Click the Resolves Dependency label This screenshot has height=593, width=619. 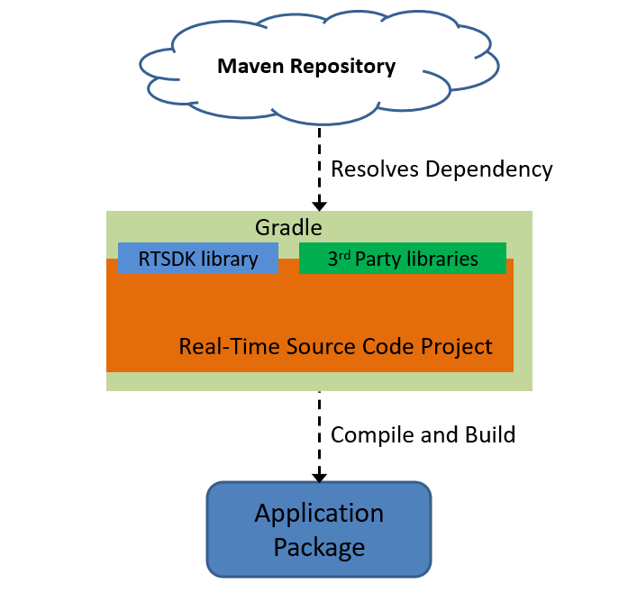point(441,169)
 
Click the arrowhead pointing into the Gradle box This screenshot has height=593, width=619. point(319,204)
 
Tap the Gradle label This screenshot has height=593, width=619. point(288,228)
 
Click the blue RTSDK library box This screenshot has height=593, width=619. point(198,259)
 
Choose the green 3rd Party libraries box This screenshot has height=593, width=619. point(402,258)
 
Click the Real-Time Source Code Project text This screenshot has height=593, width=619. point(335,346)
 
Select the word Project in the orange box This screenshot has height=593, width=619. point(460,347)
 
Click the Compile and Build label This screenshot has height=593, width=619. point(423,434)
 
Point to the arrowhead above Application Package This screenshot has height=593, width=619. point(319,475)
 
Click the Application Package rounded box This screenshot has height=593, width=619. point(319,529)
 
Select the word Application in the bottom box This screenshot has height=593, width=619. point(319,514)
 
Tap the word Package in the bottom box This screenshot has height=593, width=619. point(319,546)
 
